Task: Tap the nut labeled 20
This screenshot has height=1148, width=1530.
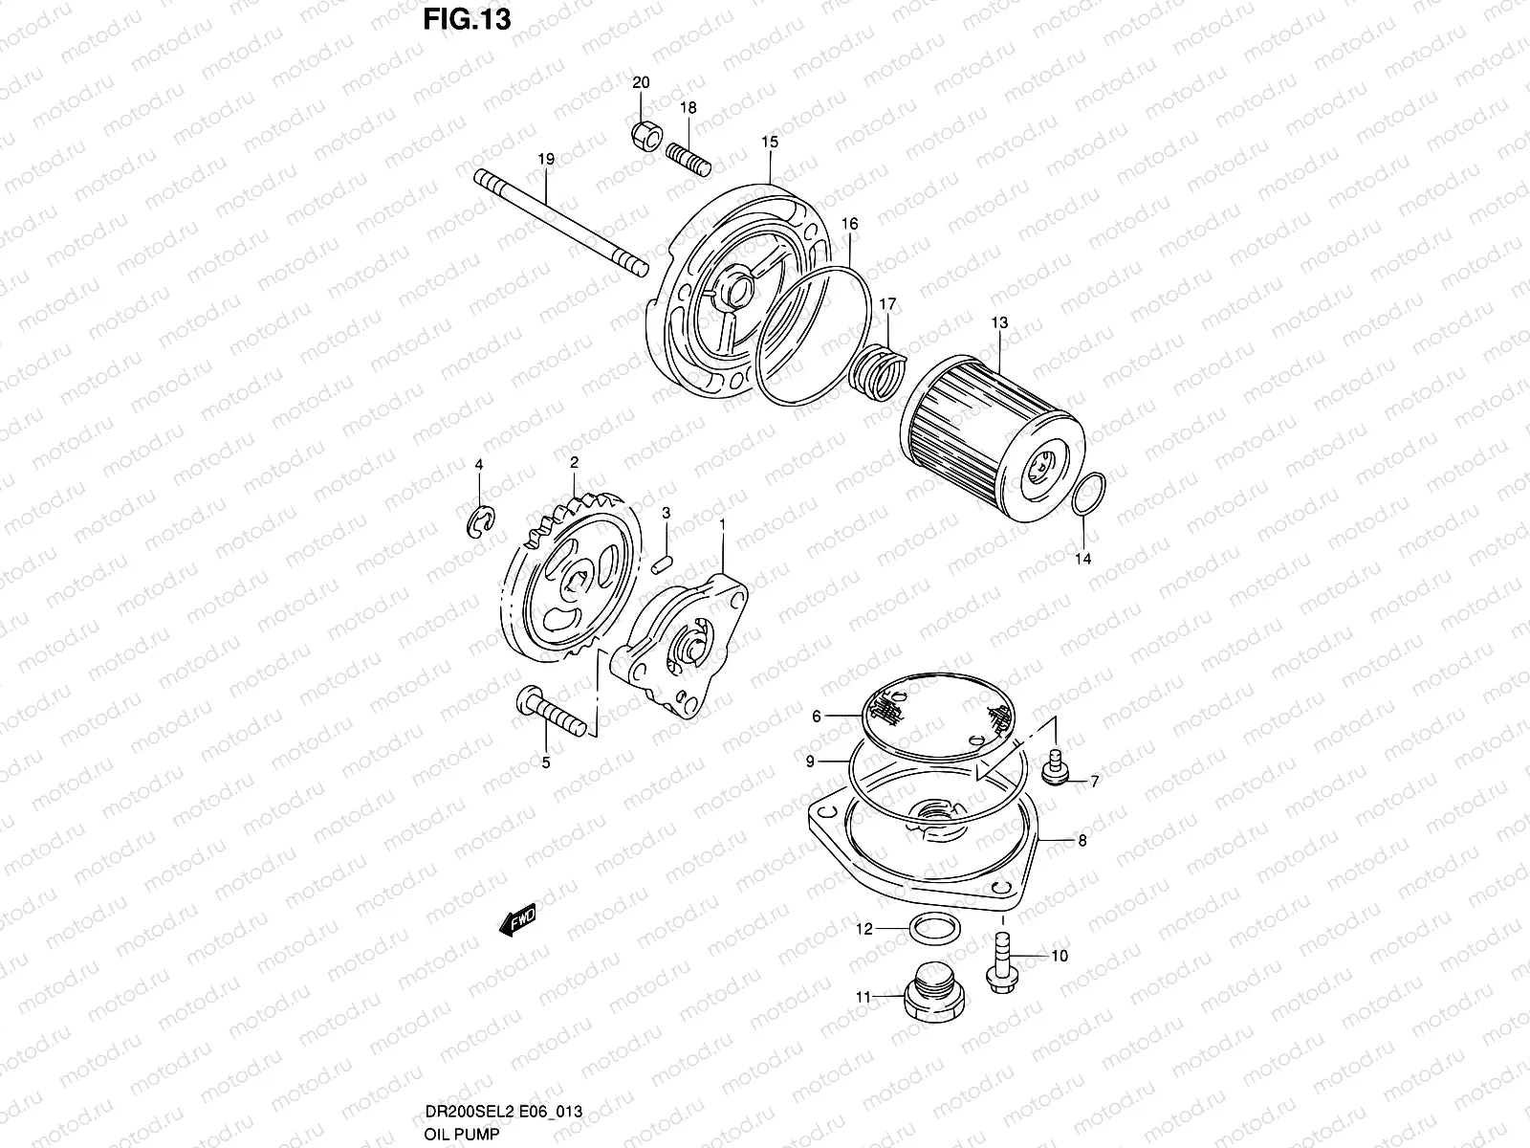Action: click(x=646, y=137)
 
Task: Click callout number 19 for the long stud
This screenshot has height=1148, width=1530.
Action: click(x=545, y=159)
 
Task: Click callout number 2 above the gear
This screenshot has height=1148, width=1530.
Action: click(x=575, y=462)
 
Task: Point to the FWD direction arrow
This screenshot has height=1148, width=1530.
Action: click(x=517, y=921)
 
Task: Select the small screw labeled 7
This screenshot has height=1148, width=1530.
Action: click(x=1057, y=770)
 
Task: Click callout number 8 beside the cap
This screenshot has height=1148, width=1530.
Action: click(x=1082, y=842)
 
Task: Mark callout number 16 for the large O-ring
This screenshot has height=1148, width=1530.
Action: click(x=849, y=224)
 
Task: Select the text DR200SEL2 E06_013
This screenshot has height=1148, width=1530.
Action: click(x=503, y=1113)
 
